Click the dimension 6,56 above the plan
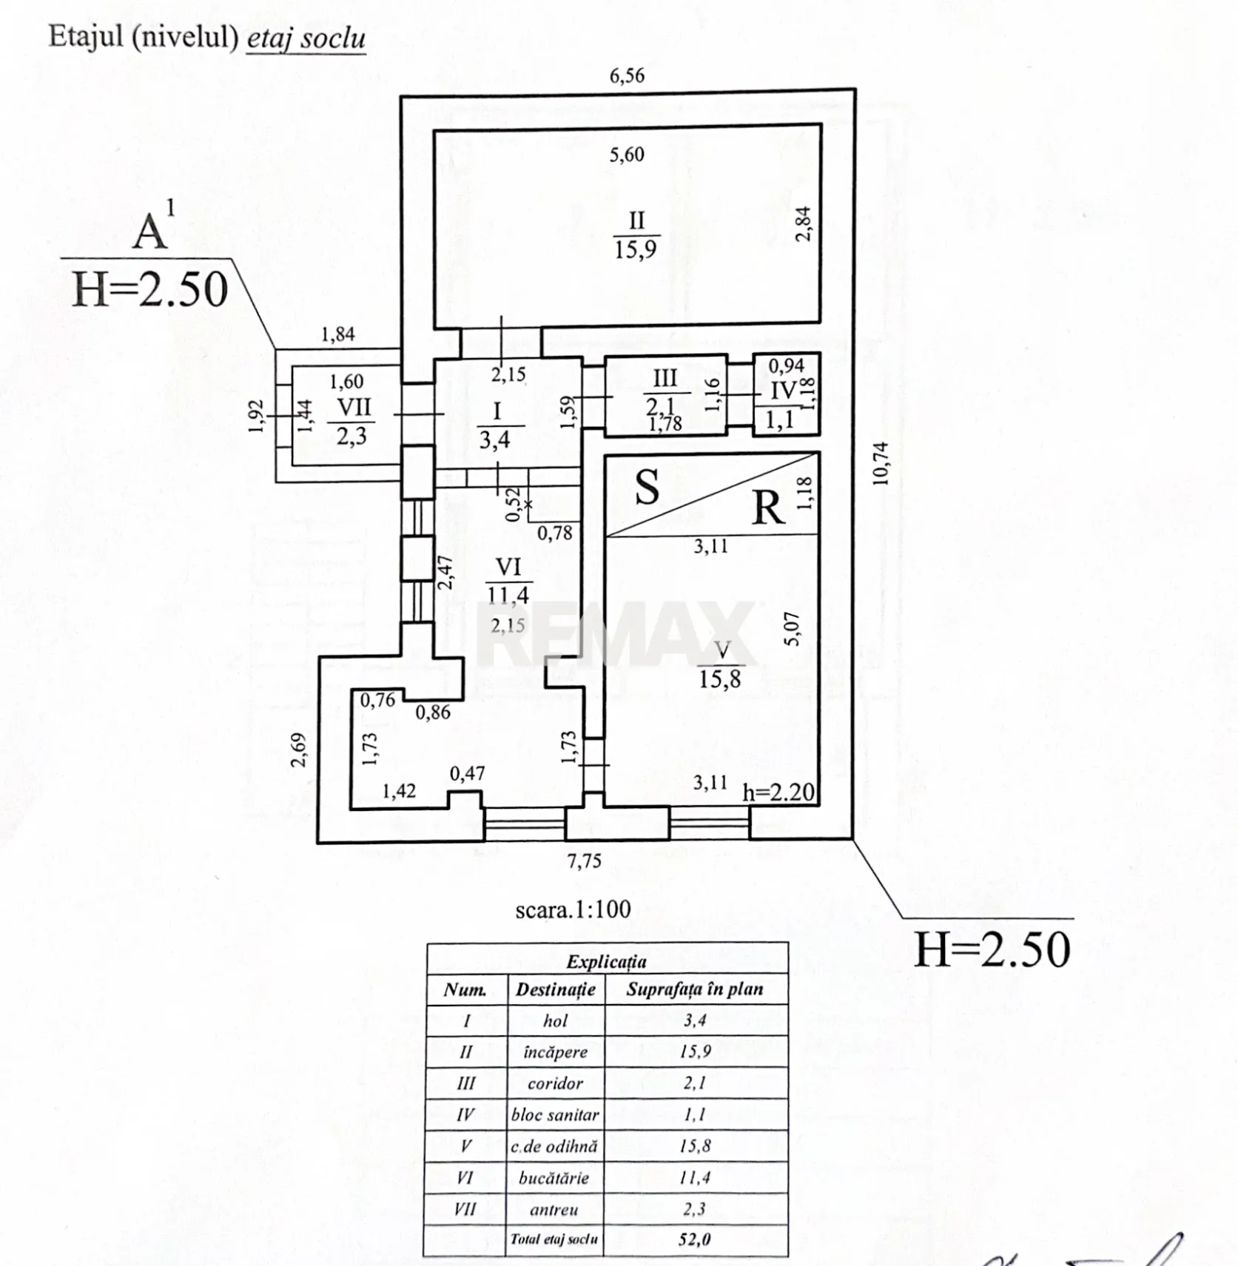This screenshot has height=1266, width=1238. (x=627, y=75)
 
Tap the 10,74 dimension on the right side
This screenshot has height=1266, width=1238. (x=881, y=463)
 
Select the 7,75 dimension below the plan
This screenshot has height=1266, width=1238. (x=585, y=861)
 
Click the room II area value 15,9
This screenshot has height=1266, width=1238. (x=635, y=249)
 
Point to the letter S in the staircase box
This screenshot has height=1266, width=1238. (x=647, y=488)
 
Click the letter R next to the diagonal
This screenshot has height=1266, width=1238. (x=768, y=509)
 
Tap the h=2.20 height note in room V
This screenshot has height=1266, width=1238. (x=778, y=793)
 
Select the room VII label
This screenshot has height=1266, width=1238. (x=354, y=408)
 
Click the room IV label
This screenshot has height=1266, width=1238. (x=784, y=390)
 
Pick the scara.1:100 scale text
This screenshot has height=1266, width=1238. (x=573, y=909)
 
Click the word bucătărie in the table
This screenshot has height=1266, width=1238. (x=554, y=1178)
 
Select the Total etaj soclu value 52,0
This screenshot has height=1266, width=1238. (x=694, y=1239)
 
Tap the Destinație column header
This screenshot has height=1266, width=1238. (x=555, y=989)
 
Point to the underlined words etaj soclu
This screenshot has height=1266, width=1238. (x=306, y=37)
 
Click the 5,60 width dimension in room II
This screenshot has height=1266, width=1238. (x=627, y=155)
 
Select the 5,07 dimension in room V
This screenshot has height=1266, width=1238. (x=793, y=629)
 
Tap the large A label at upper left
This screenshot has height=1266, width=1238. (x=150, y=232)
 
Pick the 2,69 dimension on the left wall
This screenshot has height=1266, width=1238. (x=297, y=750)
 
